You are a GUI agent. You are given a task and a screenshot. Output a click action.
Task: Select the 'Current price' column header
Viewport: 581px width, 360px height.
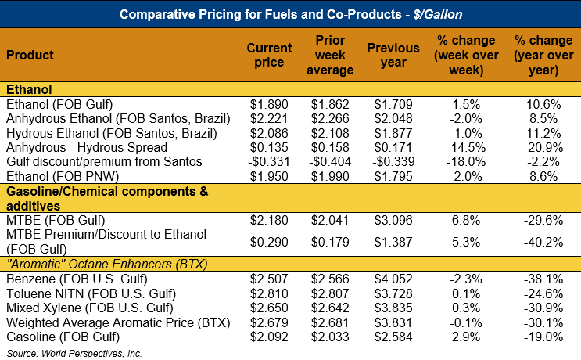pos(269,55)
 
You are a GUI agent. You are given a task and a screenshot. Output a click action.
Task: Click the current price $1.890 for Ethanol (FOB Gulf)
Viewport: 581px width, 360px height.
pos(269,105)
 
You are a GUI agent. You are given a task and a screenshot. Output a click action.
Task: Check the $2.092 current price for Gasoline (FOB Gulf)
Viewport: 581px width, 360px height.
pos(269,337)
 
